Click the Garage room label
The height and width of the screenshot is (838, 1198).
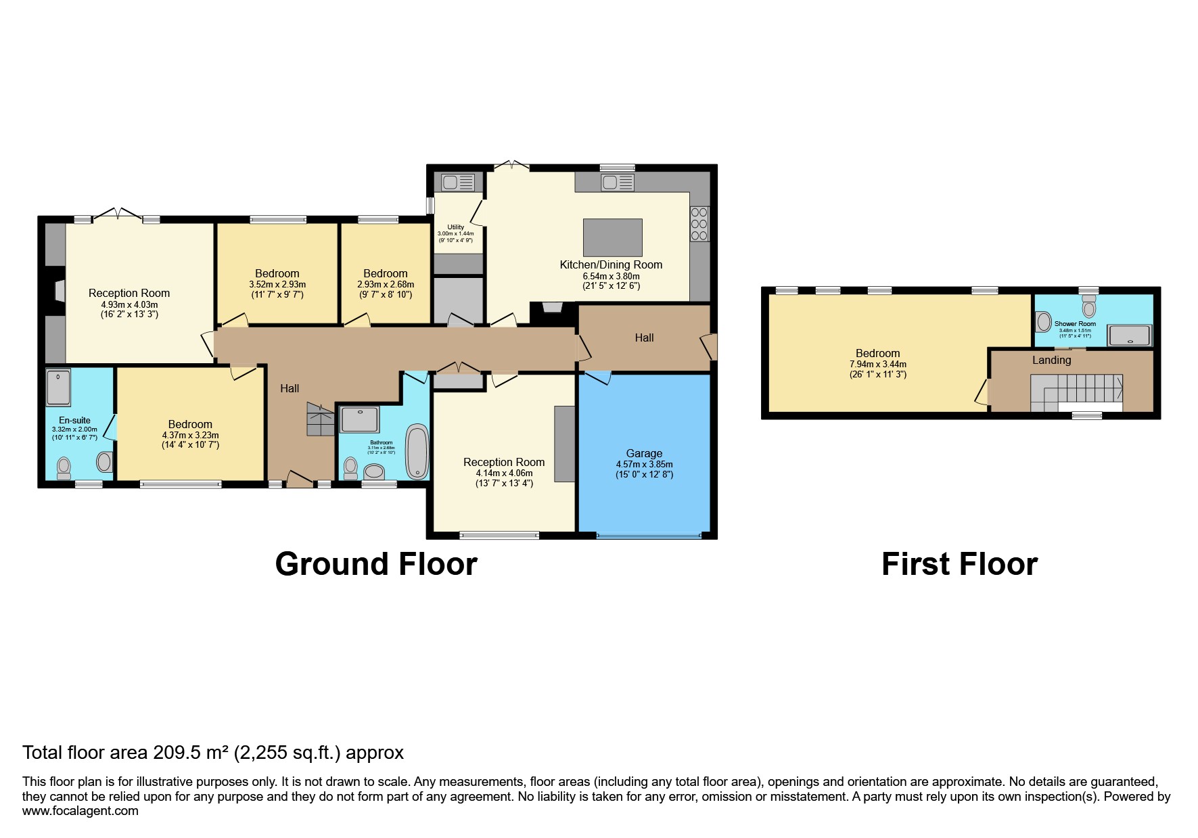click(643, 453)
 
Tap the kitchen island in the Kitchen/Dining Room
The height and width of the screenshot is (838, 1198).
click(612, 237)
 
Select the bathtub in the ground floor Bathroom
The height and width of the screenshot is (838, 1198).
click(417, 451)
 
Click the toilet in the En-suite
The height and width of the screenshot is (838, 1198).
click(64, 467)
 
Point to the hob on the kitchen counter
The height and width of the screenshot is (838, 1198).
click(699, 224)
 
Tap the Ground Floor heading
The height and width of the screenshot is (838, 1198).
click(376, 564)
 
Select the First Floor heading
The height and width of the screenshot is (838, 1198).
click(959, 564)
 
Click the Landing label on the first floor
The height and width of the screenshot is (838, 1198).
click(1051, 360)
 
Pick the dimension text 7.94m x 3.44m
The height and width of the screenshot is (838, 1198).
click(877, 364)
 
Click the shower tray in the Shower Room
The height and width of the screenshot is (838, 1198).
click(1128, 335)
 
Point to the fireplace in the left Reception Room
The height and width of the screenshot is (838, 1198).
click(55, 291)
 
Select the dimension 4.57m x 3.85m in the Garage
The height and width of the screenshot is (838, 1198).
click(643, 465)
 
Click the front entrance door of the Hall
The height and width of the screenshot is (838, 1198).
click(300, 480)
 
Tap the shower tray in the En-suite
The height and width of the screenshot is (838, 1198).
click(58, 386)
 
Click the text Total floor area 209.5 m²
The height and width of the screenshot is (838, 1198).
click(212, 752)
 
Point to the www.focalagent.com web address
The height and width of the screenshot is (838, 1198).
click(80, 811)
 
